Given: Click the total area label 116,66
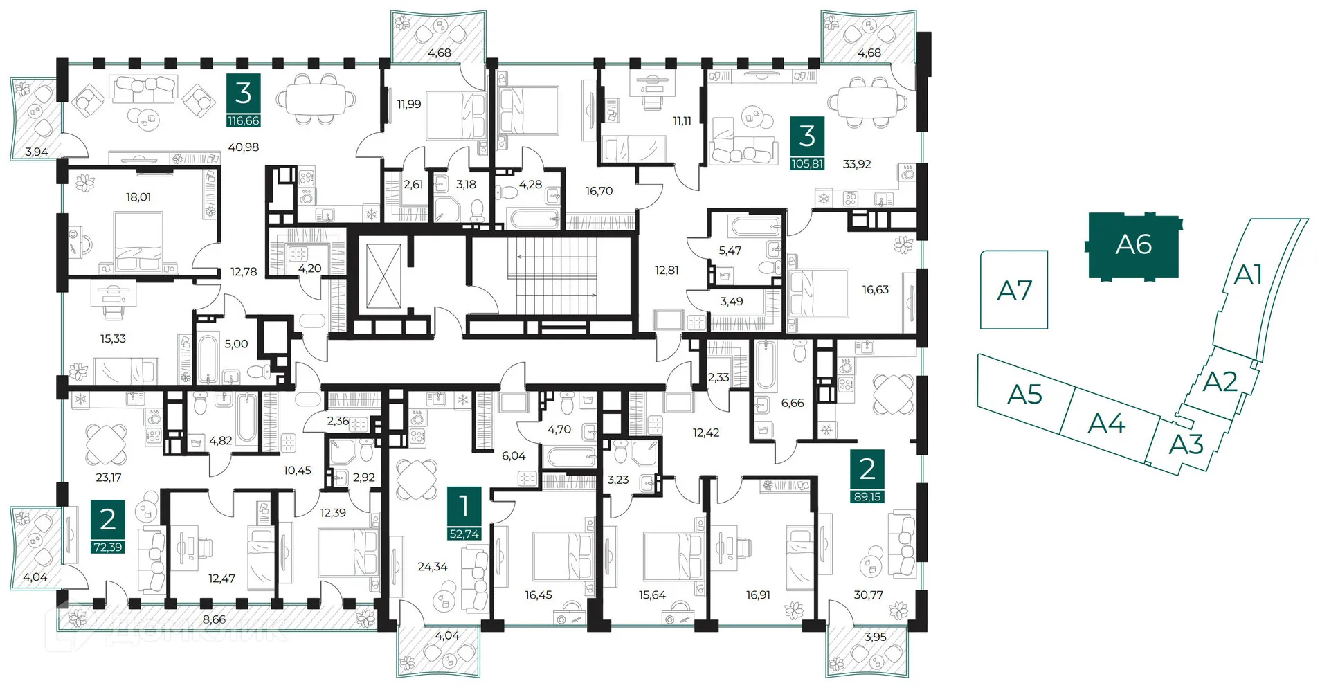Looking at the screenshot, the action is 244,120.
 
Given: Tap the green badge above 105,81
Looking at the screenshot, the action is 807,136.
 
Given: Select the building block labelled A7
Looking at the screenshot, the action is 1014,290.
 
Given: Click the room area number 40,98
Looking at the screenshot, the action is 244,147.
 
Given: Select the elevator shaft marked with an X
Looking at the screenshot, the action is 383,275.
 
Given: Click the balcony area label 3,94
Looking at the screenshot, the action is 37,152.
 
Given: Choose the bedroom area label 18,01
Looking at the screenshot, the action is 138,197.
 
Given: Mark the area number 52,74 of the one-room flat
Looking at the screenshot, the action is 464,534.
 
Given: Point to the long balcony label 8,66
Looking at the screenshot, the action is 214,619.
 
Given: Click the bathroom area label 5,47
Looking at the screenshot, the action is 730,251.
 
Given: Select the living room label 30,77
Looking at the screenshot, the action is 869,595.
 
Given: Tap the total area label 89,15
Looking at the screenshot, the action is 867,497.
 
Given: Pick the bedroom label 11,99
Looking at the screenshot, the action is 409,105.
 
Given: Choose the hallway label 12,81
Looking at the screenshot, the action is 667,271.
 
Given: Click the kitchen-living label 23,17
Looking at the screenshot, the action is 109,478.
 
